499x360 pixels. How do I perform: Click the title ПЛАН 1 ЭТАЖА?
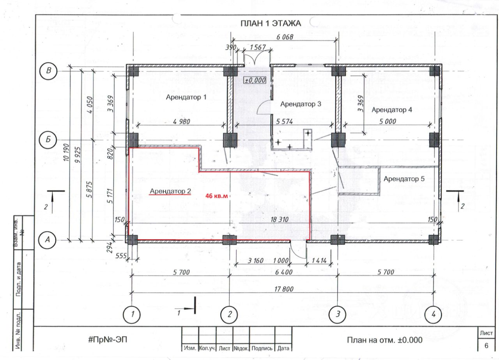pyautogui.click(x=271, y=23)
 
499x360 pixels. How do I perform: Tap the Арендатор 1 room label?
pyautogui.click(x=186, y=97)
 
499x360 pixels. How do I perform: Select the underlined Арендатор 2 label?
pyautogui.click(x=170, y=191)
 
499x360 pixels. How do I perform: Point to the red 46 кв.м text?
pyautogui.click(x=216, y=196)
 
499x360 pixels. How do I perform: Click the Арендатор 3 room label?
pyautogui.click(x=301, y=104)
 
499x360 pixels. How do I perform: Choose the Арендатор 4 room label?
pyautogui.click(x=392, y=109)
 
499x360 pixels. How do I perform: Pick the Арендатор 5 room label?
pyautogui.click(x=404, y=179)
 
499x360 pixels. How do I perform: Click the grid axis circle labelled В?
pyautogui.click(x=49, y=71)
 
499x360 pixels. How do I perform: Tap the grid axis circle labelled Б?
pyautogui.click(x=49, y=139)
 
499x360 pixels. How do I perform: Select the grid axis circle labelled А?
pyautogui.click(x=49, y=240)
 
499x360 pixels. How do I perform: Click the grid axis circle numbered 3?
pyautogui.click(x=338, y=314)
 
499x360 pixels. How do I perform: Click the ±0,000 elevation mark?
pyautogui.click(x=255, y=80)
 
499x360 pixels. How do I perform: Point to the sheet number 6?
pyautogui.click(x=486, y=346)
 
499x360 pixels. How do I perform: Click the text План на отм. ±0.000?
pyautogui.click(x=384, y=340)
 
